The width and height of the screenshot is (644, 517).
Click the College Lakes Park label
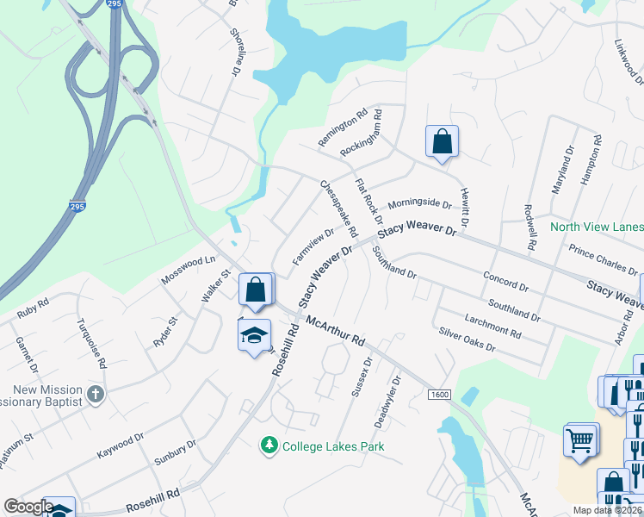(333, 446)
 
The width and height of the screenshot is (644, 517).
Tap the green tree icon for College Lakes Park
(269, 445)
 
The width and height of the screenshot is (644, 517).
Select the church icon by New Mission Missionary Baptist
(96, 396)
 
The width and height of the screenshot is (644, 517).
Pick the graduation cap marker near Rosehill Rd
(254, 336)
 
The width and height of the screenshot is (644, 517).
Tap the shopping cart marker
(581, 439)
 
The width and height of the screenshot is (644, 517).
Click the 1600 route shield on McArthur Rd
(439, 394)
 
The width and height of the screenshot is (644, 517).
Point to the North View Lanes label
(596, 227)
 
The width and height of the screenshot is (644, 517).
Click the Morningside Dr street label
(419, 204)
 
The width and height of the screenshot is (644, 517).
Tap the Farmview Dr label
(313, 246)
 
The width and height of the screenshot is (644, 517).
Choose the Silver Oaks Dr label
(467, 339)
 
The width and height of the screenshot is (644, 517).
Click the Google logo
(28, 507)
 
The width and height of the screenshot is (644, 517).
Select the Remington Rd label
(343, 128)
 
